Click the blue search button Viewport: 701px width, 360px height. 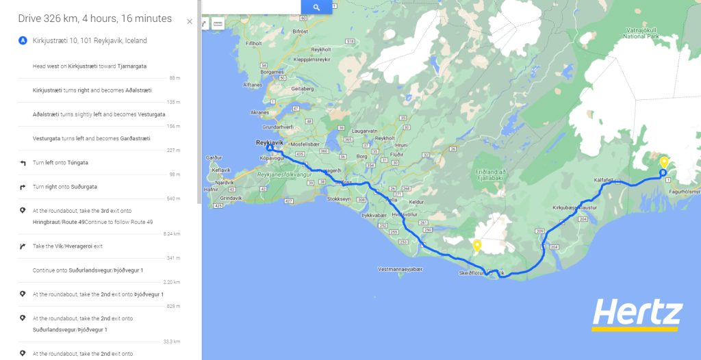[x=316, y=7]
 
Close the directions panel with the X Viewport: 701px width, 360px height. [x=190, y=21]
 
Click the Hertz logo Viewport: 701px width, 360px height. [x=637, y=316]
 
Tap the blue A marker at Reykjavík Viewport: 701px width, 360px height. [x=270, y=148]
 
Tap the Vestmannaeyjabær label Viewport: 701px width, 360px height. [x=400, y=269]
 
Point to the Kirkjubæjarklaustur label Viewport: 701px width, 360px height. [x=579, y=207]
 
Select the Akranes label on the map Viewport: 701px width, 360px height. [x=259, y=112]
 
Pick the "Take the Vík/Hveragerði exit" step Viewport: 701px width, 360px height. [x=68, y=246]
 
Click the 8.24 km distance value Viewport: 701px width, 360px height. [x=172, y=234]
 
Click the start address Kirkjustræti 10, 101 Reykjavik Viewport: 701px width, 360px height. [x=90, y=41]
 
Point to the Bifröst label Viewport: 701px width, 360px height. [x=300, y=31]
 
